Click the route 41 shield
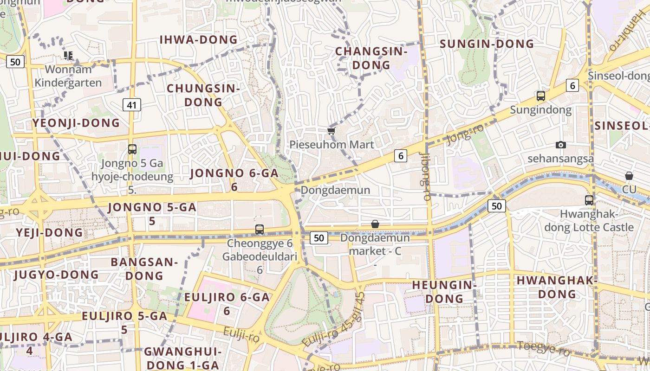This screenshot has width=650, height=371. tap(132, 105)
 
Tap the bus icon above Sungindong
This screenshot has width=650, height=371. tap(541, 96)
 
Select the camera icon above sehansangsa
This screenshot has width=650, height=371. tap(560, 145)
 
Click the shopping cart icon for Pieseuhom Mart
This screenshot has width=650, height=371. tap(331, 131)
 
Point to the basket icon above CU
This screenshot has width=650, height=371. tap(629, 176)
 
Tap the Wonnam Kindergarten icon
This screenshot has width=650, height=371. tap(69, 56)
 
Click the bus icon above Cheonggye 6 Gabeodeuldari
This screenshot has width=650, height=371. tap(260, 229)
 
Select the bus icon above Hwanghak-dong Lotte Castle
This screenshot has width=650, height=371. tap(589, 200)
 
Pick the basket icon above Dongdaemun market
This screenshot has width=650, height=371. tap(375, 224)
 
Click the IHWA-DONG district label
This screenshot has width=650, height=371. tap(198, 39)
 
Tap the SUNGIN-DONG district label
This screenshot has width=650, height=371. tap(487, 44)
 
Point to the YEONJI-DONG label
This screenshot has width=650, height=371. tap(76, 123)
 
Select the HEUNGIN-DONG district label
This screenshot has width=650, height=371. tap(444, 291)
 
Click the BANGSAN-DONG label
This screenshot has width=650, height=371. tap(144, 269)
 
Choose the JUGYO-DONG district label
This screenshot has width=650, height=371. tap(56, 275)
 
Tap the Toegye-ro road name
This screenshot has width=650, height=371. tap(543, 348)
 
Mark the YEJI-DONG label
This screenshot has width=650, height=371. tap(49, 232)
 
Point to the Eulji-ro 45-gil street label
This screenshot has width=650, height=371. tap(333, 320)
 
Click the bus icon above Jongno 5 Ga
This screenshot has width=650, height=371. tap(132, 149)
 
